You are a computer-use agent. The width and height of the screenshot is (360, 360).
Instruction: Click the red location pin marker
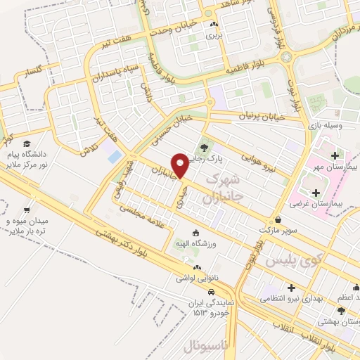(181, 165)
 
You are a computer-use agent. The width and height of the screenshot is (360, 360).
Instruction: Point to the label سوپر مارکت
(278, 230)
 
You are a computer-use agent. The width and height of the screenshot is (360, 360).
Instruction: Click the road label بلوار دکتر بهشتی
(126, 242)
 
